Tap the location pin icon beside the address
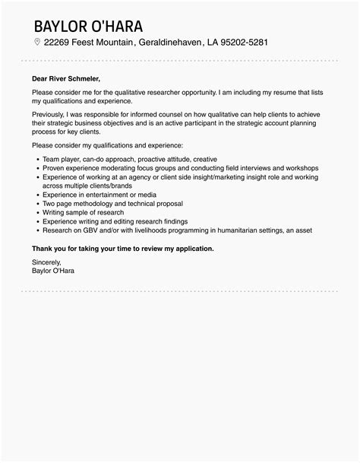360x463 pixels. click(x=37, y=43)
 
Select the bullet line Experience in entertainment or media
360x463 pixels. click(x=93, y=194)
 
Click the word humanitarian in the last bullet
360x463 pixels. click(x=242, y=230)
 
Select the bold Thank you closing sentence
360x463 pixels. click(x=122, y=248)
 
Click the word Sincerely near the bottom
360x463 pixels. click(x=47, y=262)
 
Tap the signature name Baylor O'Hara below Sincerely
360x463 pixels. click(x=53, y=270)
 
